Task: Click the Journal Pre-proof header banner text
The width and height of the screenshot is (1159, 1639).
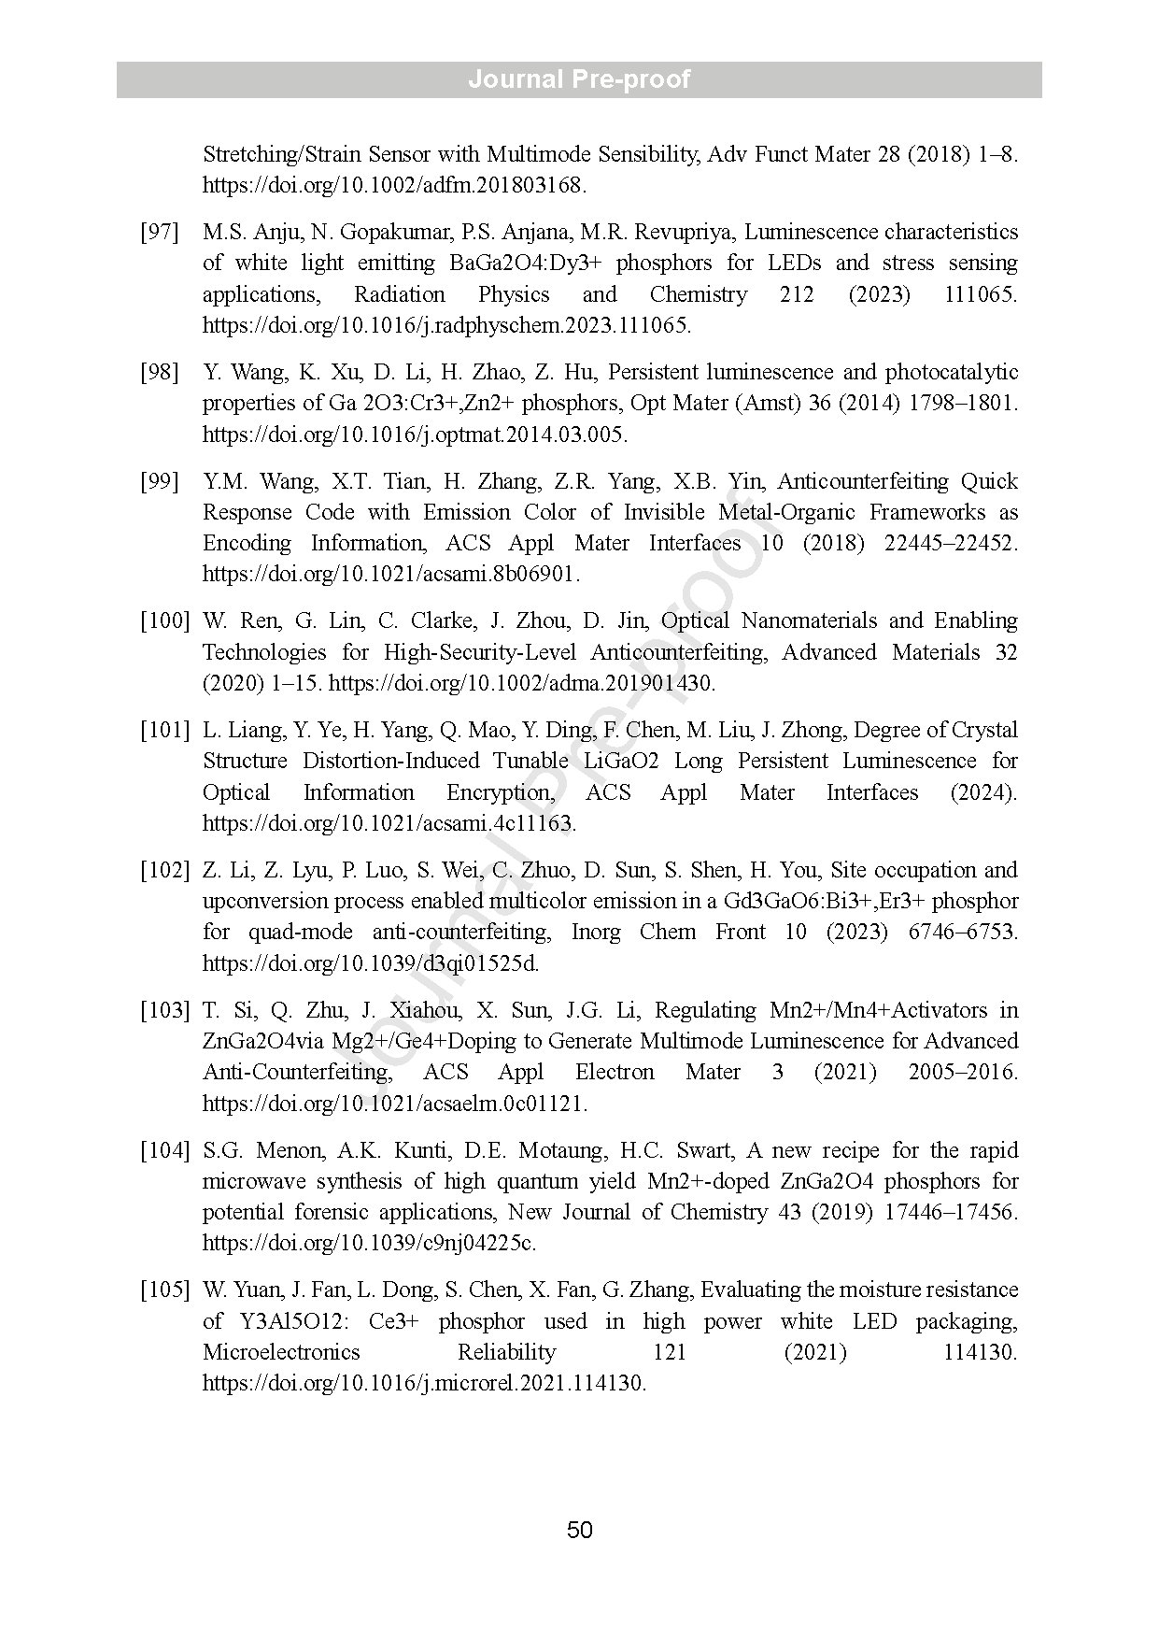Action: click(579, 79)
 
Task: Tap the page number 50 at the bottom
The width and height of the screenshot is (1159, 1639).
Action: click(579, 1530)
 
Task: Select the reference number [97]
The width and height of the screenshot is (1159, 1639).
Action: click(160, 232)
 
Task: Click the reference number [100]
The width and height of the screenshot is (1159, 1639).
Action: click(165, 621)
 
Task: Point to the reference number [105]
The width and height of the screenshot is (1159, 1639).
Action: click(165, 1290)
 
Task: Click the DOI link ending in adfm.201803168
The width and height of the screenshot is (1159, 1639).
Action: click(394, 185)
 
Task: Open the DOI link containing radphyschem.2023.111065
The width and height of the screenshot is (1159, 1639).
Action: click(446, 325)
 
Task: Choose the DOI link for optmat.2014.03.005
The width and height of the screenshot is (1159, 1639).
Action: click(415, 435)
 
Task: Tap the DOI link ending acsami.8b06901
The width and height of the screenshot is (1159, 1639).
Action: click(391, 574)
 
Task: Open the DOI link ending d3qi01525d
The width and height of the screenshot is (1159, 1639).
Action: click(371, 963)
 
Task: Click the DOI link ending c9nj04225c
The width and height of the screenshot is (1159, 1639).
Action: click(370, 1243)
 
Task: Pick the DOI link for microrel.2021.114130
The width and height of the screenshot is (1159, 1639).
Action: click(424, 1383)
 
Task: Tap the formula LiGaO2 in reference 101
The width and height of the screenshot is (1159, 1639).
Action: click(620, 762)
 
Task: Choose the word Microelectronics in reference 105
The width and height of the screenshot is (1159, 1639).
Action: click(281, 1352)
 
